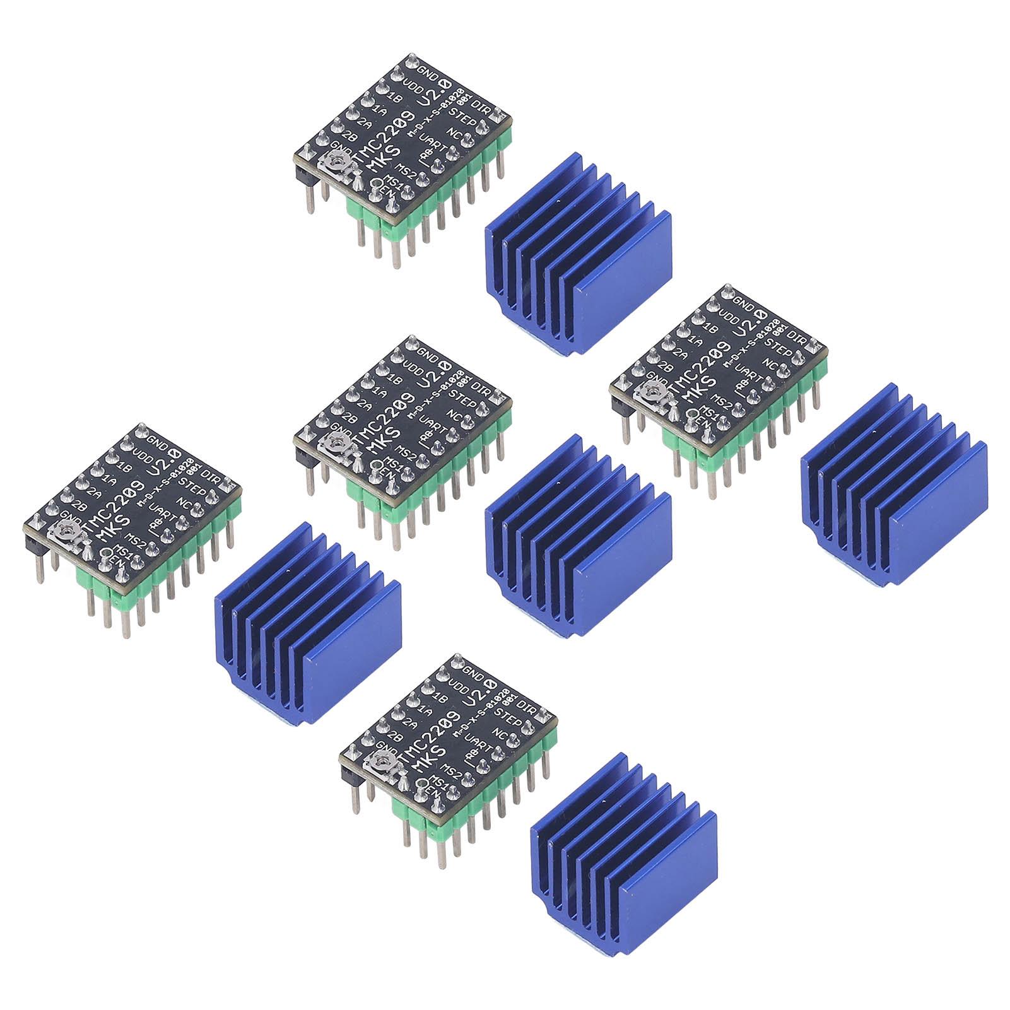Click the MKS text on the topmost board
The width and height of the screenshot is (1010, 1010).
click(379, 158)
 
